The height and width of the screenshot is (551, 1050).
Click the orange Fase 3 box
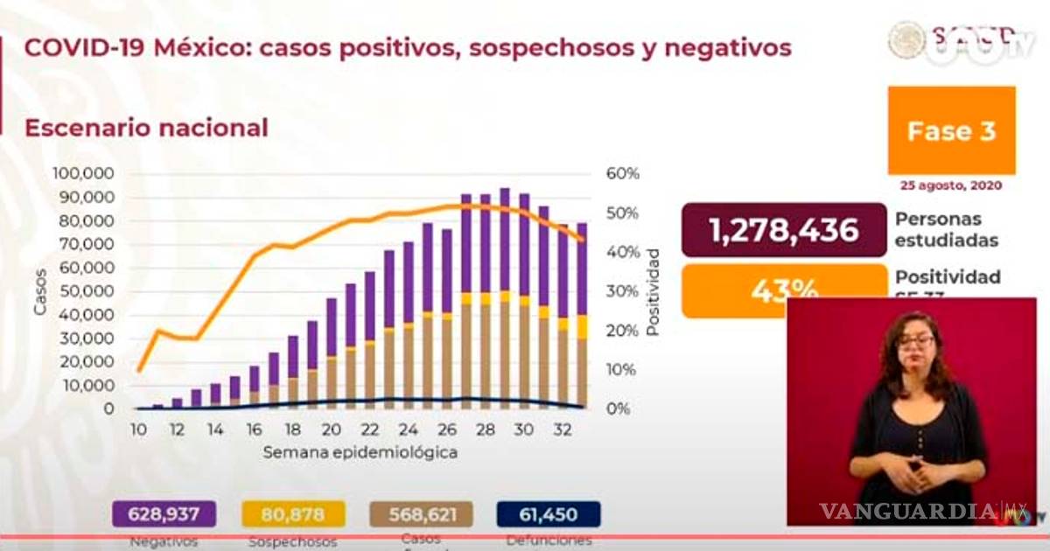click(x=951, y=130)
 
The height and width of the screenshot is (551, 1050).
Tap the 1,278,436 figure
click(x=783, y=230)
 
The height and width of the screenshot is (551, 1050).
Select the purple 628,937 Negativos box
click(x=164, y=513)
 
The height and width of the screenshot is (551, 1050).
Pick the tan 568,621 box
click(x=421, y=513)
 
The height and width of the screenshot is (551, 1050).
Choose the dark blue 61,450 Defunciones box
click(x=549, y=513)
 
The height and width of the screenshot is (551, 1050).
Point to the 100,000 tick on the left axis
click(x=84, y=172)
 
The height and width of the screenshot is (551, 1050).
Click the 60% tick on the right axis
click(x=623, y=173)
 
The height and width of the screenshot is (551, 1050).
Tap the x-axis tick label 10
click(x=138, y=429)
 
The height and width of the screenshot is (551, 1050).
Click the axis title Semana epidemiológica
click(x=360, y=453)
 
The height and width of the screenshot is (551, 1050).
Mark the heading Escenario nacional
click(x=146, y=128)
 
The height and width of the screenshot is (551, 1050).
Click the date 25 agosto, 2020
click(x=951, y=185)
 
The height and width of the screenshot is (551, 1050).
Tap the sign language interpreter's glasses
click(x=915, y=340)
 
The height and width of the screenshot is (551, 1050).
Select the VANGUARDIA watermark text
click(x=907, y=511)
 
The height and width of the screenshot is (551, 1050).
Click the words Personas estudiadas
click(x=937, y=229)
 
